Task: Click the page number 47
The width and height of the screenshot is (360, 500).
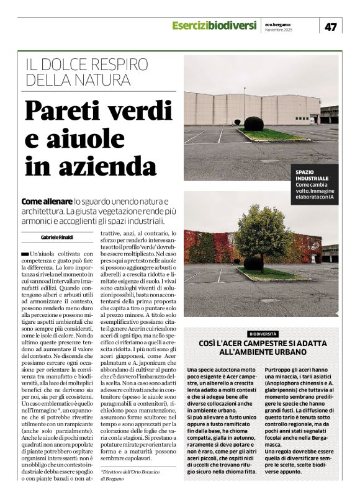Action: click(x=331, y=26)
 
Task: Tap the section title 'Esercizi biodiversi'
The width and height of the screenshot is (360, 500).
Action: click(x=214, y=25)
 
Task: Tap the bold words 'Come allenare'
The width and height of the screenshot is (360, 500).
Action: click(x=46, y=202)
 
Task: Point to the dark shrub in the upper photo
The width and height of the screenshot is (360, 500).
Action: click(x=253, y=123)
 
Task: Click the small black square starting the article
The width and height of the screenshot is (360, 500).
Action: click(x=25, y=253)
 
